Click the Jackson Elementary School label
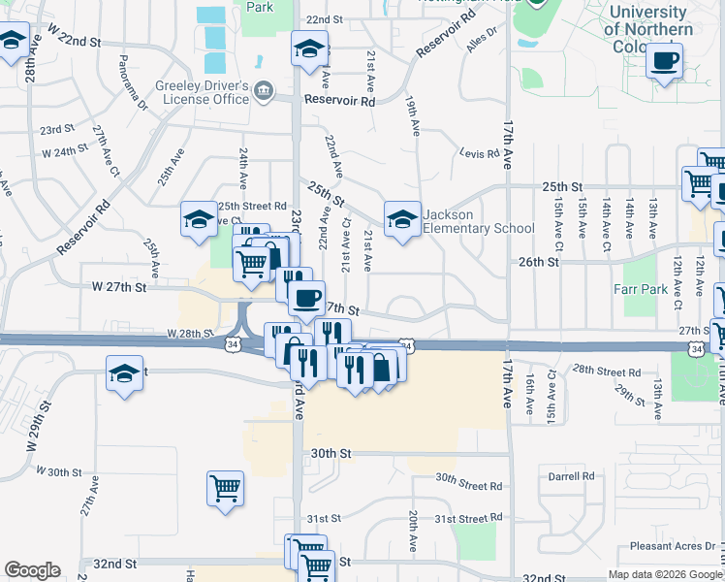pyautogui.click(x=478, y=221)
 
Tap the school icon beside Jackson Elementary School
pyautogui.click(x=402, y=219)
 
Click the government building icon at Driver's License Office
pyautogui.click(x=263, y=93)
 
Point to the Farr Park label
pyautogui.click(x=637, y=289)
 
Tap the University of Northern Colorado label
pyautogui.click(x=648, y=30)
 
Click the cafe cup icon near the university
pyautogui.click(x=665, y=61)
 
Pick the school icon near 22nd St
pyautogui.click(x=308, y=48)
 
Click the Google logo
pyautogui.click(x=32, y=570)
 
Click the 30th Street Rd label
pyautogui.click(x=468, y=486)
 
